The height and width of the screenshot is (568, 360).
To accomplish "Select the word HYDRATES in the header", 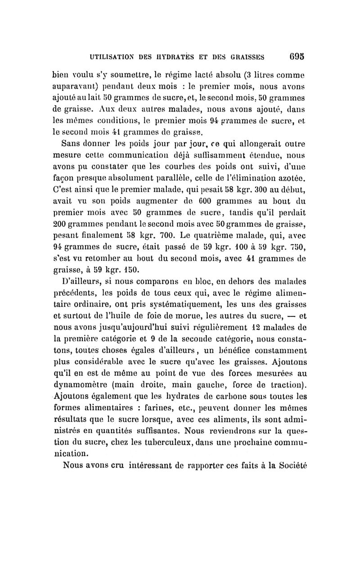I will point(187,57).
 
